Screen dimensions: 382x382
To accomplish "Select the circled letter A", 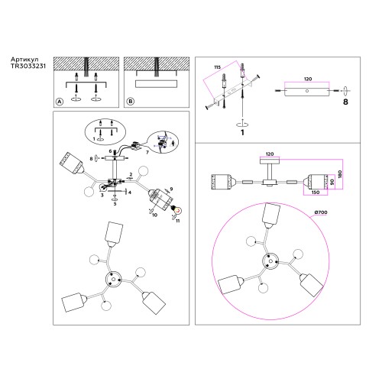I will tap(57, 102).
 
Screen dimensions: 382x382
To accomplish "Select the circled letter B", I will tap(130, 102).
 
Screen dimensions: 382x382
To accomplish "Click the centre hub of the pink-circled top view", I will tap(272, 261).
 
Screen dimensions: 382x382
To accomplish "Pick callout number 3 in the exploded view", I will tap(101, 196).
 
